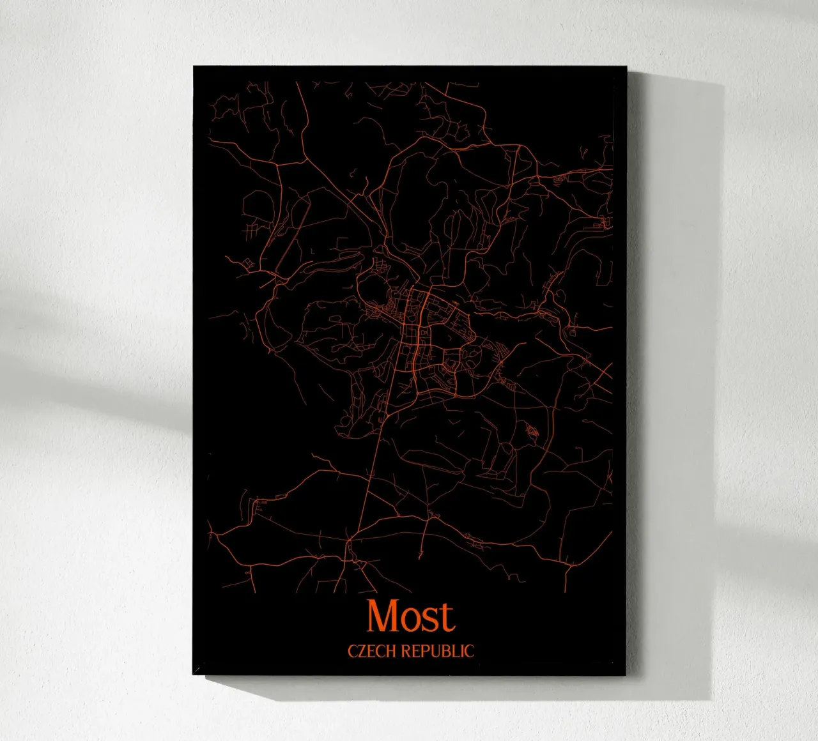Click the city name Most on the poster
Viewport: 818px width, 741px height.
[410, 616]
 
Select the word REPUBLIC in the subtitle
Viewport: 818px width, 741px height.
[438, 651]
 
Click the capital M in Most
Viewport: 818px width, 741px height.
[382, 616]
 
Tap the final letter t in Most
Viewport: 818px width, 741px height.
[446, 617]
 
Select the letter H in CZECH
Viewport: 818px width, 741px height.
[391, 651]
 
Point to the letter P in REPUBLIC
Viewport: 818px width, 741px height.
[426, 651]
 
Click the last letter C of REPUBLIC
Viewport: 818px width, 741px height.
[469, 651]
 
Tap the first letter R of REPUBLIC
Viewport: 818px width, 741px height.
[406, 651]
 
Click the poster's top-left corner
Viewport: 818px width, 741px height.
[194, 66]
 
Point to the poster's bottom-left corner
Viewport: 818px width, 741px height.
[193, 674]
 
